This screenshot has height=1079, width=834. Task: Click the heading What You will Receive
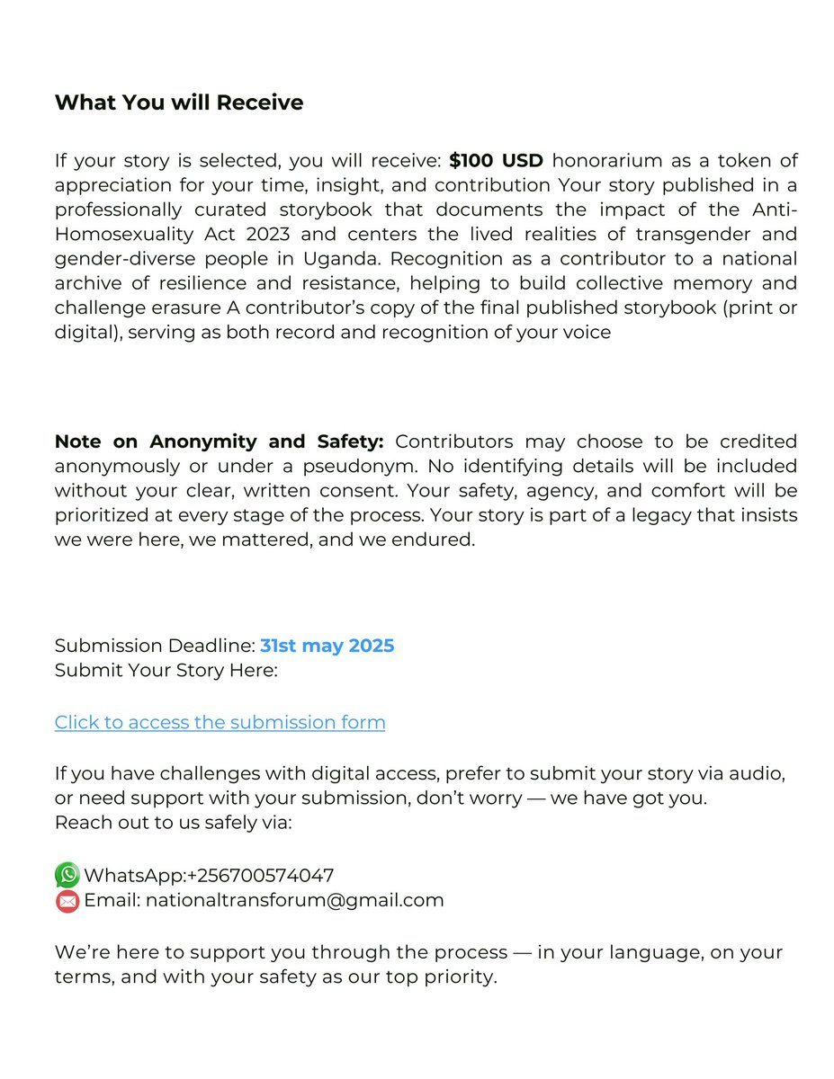pos(179,103)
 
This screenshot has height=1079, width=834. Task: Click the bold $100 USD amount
pos(496,161)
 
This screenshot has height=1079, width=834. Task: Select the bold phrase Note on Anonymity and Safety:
pos(220,441)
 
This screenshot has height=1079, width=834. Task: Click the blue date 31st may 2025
pos(327,646)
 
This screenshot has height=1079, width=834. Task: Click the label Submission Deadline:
pos(155,646)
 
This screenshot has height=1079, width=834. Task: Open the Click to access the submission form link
pos(220,722)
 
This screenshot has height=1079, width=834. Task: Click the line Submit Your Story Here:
pos(166,670)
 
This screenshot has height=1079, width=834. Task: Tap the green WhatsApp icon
pos(67,875)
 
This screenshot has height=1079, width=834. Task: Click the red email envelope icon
pos(67,900)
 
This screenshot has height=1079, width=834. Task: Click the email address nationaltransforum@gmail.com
pos(295,900)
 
